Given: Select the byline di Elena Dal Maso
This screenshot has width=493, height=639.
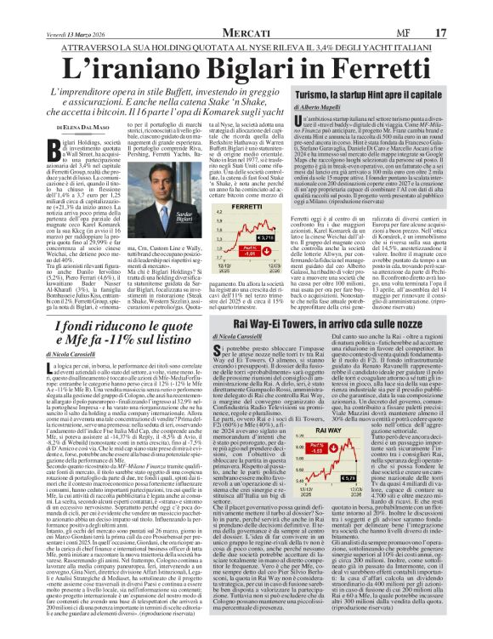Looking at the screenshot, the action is tap(62, 126).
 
